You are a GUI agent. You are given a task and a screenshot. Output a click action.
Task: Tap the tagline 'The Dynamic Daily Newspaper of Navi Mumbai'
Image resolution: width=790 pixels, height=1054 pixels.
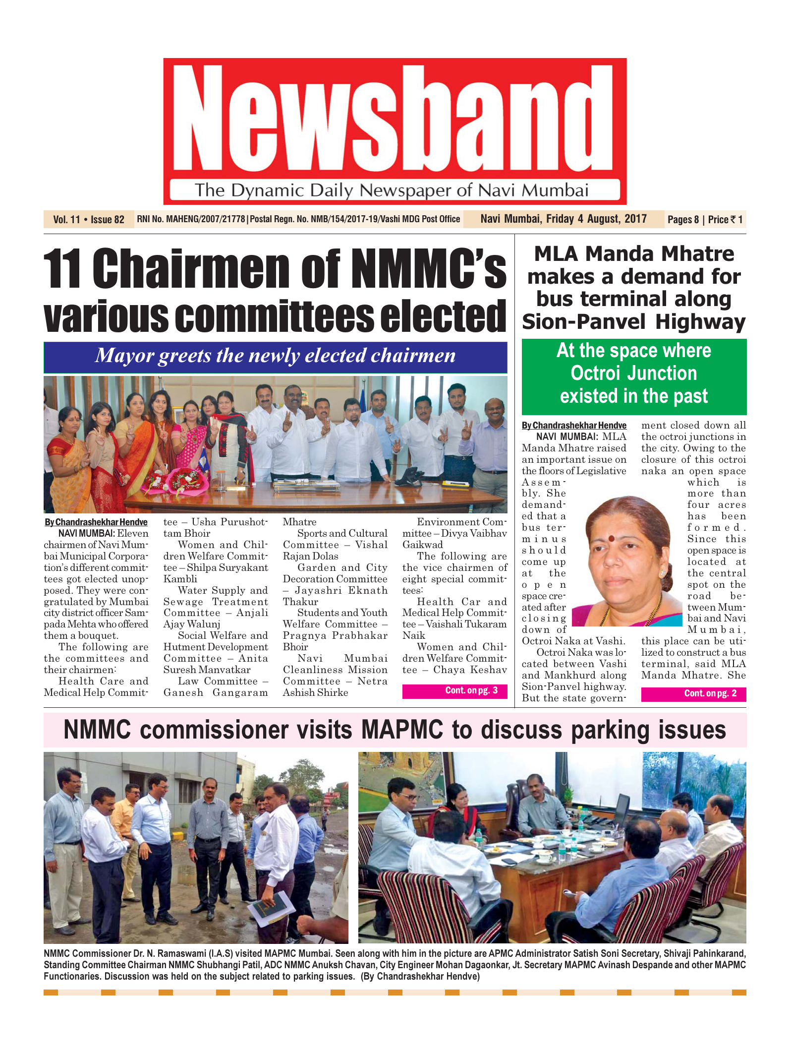[x=392, y=190]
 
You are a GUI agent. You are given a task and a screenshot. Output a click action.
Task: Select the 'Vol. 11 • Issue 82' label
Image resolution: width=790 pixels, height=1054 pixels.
[x=89, y=220]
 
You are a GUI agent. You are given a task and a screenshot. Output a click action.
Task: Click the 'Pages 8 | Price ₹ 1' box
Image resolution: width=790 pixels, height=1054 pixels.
[x=705, y=220]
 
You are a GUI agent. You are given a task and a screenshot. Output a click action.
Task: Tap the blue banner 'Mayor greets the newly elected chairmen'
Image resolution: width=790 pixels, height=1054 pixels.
[x=275, y=356]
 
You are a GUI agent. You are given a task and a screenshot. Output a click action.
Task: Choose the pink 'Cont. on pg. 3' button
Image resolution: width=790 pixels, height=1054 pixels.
[x=454, y=691]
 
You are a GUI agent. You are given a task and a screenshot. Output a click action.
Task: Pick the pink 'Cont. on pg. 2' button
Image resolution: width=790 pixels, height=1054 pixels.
[x=693, y=694]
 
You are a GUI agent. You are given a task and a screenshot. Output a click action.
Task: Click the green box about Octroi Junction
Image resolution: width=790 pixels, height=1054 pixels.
[x=634, y=374]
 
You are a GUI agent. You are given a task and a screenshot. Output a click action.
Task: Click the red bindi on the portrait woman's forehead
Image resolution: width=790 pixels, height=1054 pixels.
[x=611, y=539]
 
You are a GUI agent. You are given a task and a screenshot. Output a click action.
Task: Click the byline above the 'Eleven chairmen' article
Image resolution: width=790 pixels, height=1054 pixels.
[x=96, y=522]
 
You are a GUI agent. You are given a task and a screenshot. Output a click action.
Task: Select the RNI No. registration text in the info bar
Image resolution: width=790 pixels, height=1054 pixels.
[x=191, y=219]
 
